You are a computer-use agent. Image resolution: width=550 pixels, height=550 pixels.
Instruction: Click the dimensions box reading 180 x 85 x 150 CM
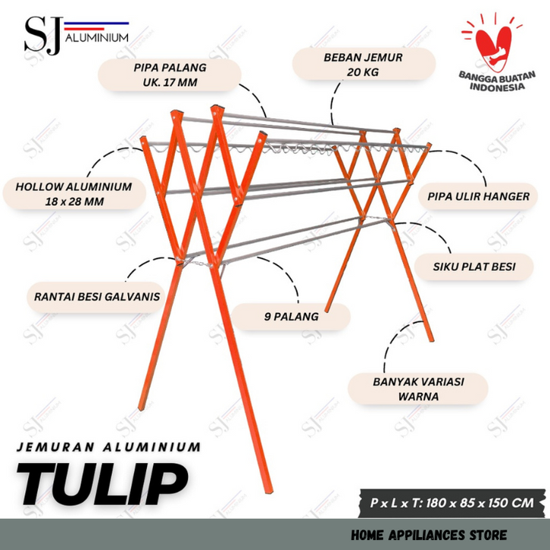click(x=452, y=502)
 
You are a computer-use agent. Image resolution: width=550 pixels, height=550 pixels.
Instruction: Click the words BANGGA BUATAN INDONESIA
click(x=494, y=81)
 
